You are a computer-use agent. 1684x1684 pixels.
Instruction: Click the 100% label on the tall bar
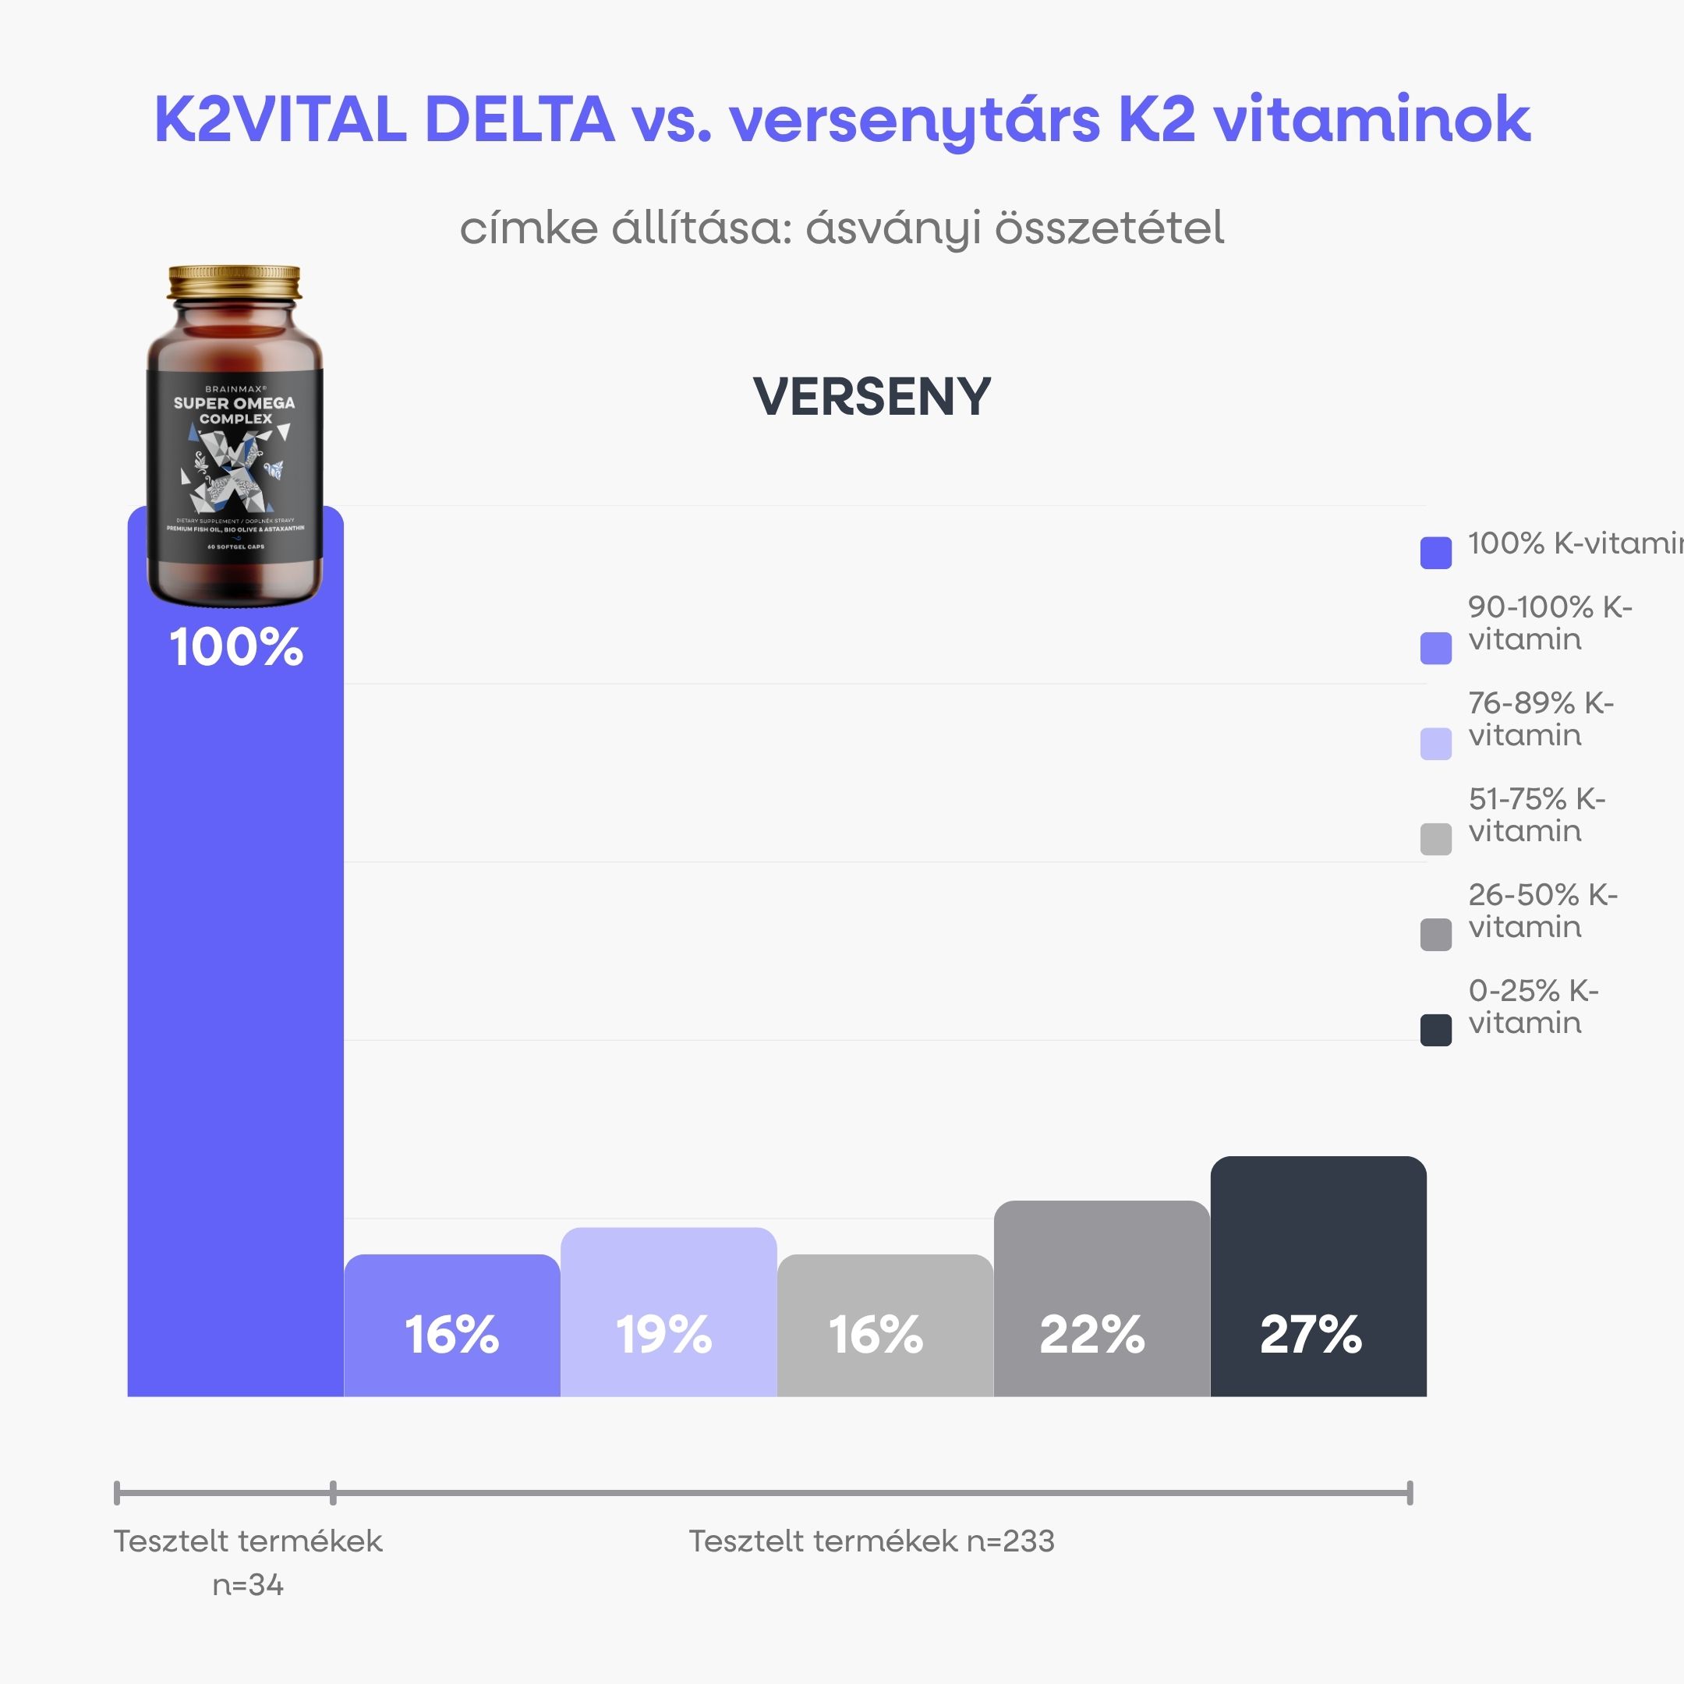coord(236,648)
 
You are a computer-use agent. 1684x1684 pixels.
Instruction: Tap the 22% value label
coord(1092,1335)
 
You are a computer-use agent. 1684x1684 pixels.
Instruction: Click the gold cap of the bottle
coord(235,282)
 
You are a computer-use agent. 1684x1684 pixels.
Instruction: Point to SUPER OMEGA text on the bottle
coord(235,403)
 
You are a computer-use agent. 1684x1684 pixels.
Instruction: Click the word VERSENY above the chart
coord(872,398)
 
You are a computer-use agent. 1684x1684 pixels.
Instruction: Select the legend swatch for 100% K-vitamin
coord(1435,553)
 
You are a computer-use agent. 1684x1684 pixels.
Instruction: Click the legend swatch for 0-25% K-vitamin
coord(1435,1030)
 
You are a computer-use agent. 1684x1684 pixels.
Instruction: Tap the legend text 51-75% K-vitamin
coord(1536,815)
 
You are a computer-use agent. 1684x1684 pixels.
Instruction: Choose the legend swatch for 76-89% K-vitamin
coord(1435,744)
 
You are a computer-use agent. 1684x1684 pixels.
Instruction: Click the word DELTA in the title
coord(519,119)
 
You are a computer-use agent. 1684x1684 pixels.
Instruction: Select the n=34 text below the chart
coord(249,1585)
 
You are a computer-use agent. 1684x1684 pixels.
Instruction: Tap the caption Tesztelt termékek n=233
coord(872,1541)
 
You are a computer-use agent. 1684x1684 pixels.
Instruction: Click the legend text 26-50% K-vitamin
coord(1541,911)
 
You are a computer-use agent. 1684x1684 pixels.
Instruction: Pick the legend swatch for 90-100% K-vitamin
coord(1435,648)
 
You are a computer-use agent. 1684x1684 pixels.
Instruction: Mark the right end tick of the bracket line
coord(1410,1493)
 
